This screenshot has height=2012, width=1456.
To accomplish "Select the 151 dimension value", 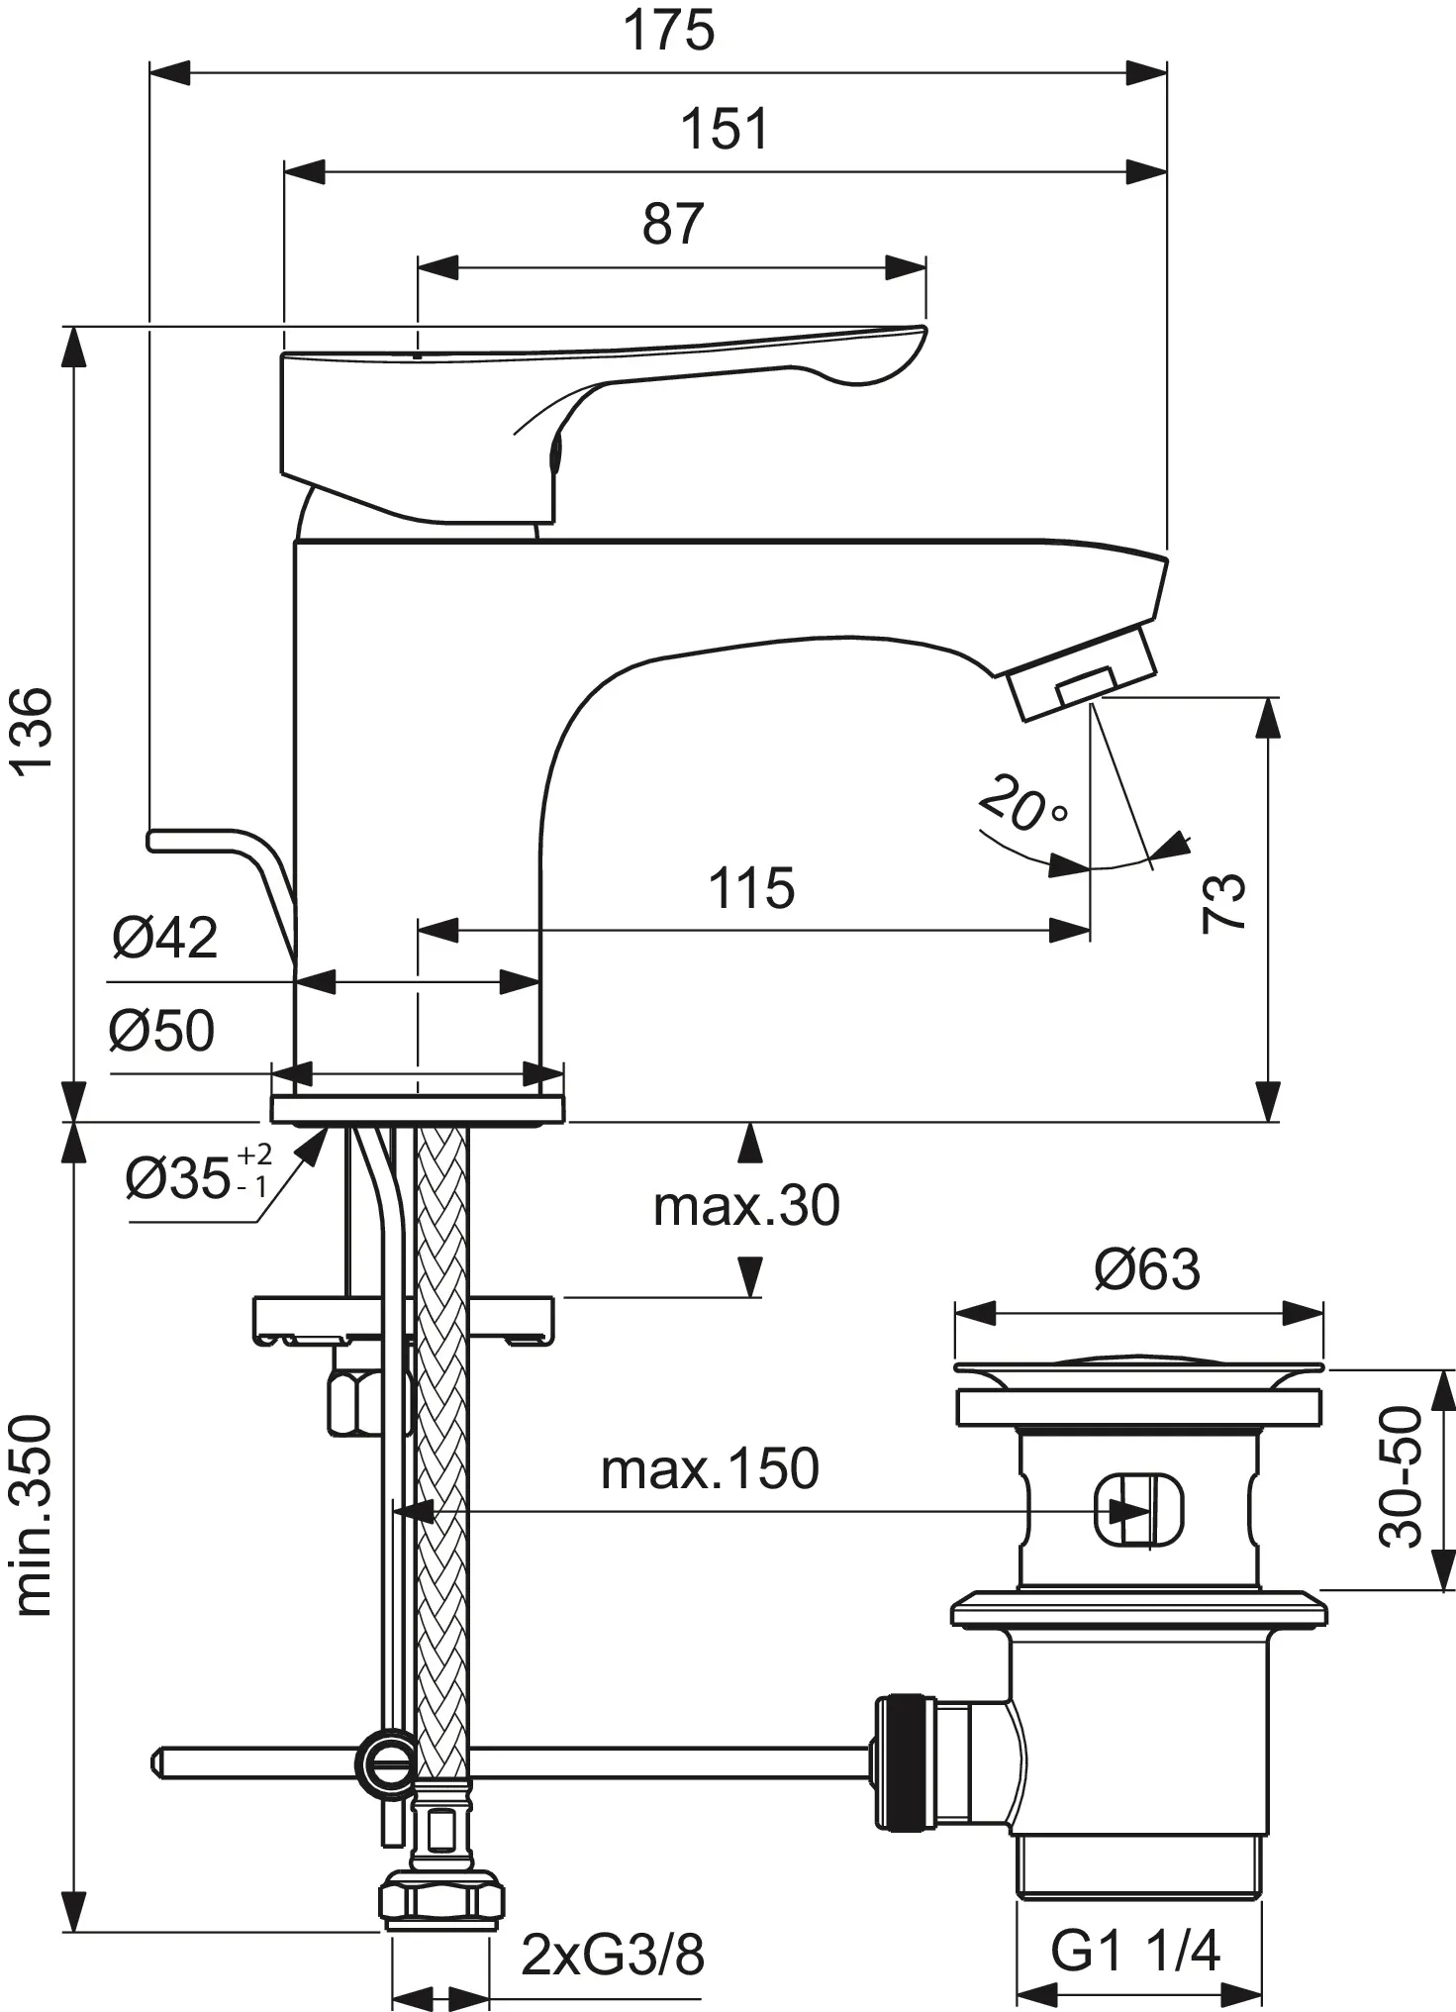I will pos(725,130).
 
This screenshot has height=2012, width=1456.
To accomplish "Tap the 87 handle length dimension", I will pos(672,224).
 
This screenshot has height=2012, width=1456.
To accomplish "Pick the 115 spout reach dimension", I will pos(751,888).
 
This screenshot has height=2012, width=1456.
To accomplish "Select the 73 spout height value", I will pos(1223,902).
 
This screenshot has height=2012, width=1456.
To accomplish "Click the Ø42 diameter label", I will pos(164,937).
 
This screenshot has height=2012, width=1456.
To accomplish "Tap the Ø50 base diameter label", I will pos(161,1031).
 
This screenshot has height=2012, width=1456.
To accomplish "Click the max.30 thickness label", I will pos(746,1205).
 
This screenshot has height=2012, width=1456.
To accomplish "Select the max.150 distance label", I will pos(710,1468).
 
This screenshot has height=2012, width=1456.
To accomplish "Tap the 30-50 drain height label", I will pos(1402,1478).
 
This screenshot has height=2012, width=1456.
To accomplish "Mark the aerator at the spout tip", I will pos(1084,682).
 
